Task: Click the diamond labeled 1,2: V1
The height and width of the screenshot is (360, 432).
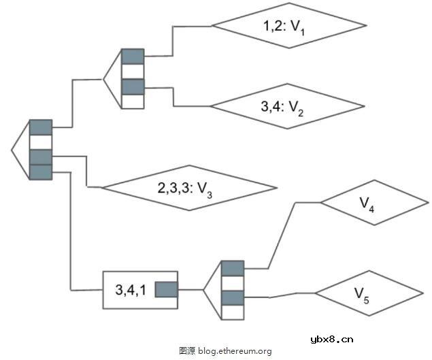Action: pyautogui.click(x=289, y=27)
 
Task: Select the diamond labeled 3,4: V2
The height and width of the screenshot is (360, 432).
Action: pyautogui.click(x=286, y=105)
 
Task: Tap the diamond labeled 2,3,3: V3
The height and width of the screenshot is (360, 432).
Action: pyautogui.click(x=189, y=187)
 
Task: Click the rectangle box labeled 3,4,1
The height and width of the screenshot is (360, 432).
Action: pyautogui.click(x=129, y=290)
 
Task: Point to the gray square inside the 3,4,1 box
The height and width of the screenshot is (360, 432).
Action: pyautogui.click(x=167, y=290)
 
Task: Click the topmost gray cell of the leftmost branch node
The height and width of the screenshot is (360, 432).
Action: pyautogui.click(x=41, y=127)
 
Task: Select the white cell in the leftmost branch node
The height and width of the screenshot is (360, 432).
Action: pyautogui.click(x=41, y=142)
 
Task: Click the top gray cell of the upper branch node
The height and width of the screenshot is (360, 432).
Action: pyautogui.click(x=133, y=56)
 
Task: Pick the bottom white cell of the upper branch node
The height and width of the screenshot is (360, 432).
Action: pyautogui.click(x=133, y=102)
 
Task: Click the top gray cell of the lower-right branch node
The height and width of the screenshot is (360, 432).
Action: pyautogui.click(x=233, y=267)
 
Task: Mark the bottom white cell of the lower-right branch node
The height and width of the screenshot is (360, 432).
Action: pyautogui.click(x=233, y=313)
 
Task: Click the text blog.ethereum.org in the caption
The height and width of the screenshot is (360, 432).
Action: pyautogui.click(x=235, y=351)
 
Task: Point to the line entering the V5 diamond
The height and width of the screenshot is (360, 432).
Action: pyautogui.click(x=293, y=295)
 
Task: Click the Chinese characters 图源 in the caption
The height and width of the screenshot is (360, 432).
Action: pyautogui.click(x=187, y=351)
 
